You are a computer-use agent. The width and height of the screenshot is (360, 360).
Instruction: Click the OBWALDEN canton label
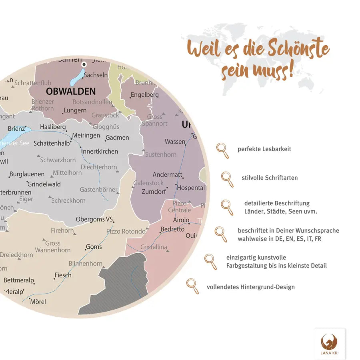point(71,91)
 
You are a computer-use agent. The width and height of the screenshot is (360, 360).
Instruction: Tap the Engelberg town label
point(145,95)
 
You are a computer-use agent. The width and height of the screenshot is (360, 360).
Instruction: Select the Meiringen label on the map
point(86,136)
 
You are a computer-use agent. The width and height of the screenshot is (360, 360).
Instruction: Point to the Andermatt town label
point(168,175)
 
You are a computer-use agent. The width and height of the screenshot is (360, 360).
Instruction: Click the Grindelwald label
point(44,184)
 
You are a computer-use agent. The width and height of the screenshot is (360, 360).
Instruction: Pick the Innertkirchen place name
point(100,152)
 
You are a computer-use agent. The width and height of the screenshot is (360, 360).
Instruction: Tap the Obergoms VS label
point(95,219)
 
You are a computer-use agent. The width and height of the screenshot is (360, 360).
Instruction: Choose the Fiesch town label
point(63,275)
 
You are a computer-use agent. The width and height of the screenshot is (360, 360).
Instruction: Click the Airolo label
point(181,220)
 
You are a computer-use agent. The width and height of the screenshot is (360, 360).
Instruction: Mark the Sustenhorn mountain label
point(161,154)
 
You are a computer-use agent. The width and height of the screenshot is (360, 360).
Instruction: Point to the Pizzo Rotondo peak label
point(126,232)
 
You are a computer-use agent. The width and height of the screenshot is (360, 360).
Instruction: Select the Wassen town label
point(175,142)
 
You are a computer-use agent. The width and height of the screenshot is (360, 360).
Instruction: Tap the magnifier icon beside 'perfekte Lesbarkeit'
point(223,150)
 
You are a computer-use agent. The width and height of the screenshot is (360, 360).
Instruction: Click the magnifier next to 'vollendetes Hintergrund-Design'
point(192,286)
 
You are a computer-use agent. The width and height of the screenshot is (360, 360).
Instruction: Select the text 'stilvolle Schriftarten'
point(270,178)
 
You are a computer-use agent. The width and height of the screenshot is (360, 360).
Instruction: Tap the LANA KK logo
point(329,344)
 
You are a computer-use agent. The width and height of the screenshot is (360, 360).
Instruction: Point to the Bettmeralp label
point(19,280)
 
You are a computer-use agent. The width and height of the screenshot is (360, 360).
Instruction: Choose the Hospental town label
point(191,188)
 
